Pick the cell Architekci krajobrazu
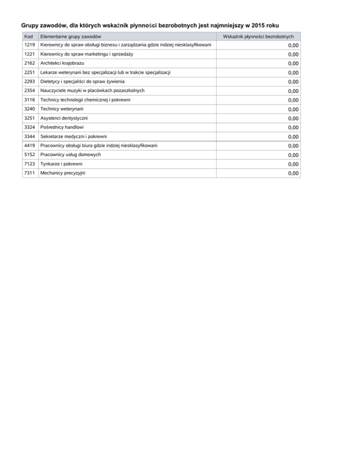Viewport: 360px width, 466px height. [63, 63]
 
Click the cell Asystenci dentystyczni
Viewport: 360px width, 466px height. [64, 118]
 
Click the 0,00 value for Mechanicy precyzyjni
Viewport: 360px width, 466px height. [293, 173]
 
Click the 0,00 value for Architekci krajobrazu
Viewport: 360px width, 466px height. [293, 64]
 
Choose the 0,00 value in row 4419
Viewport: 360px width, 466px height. [293, 146]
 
